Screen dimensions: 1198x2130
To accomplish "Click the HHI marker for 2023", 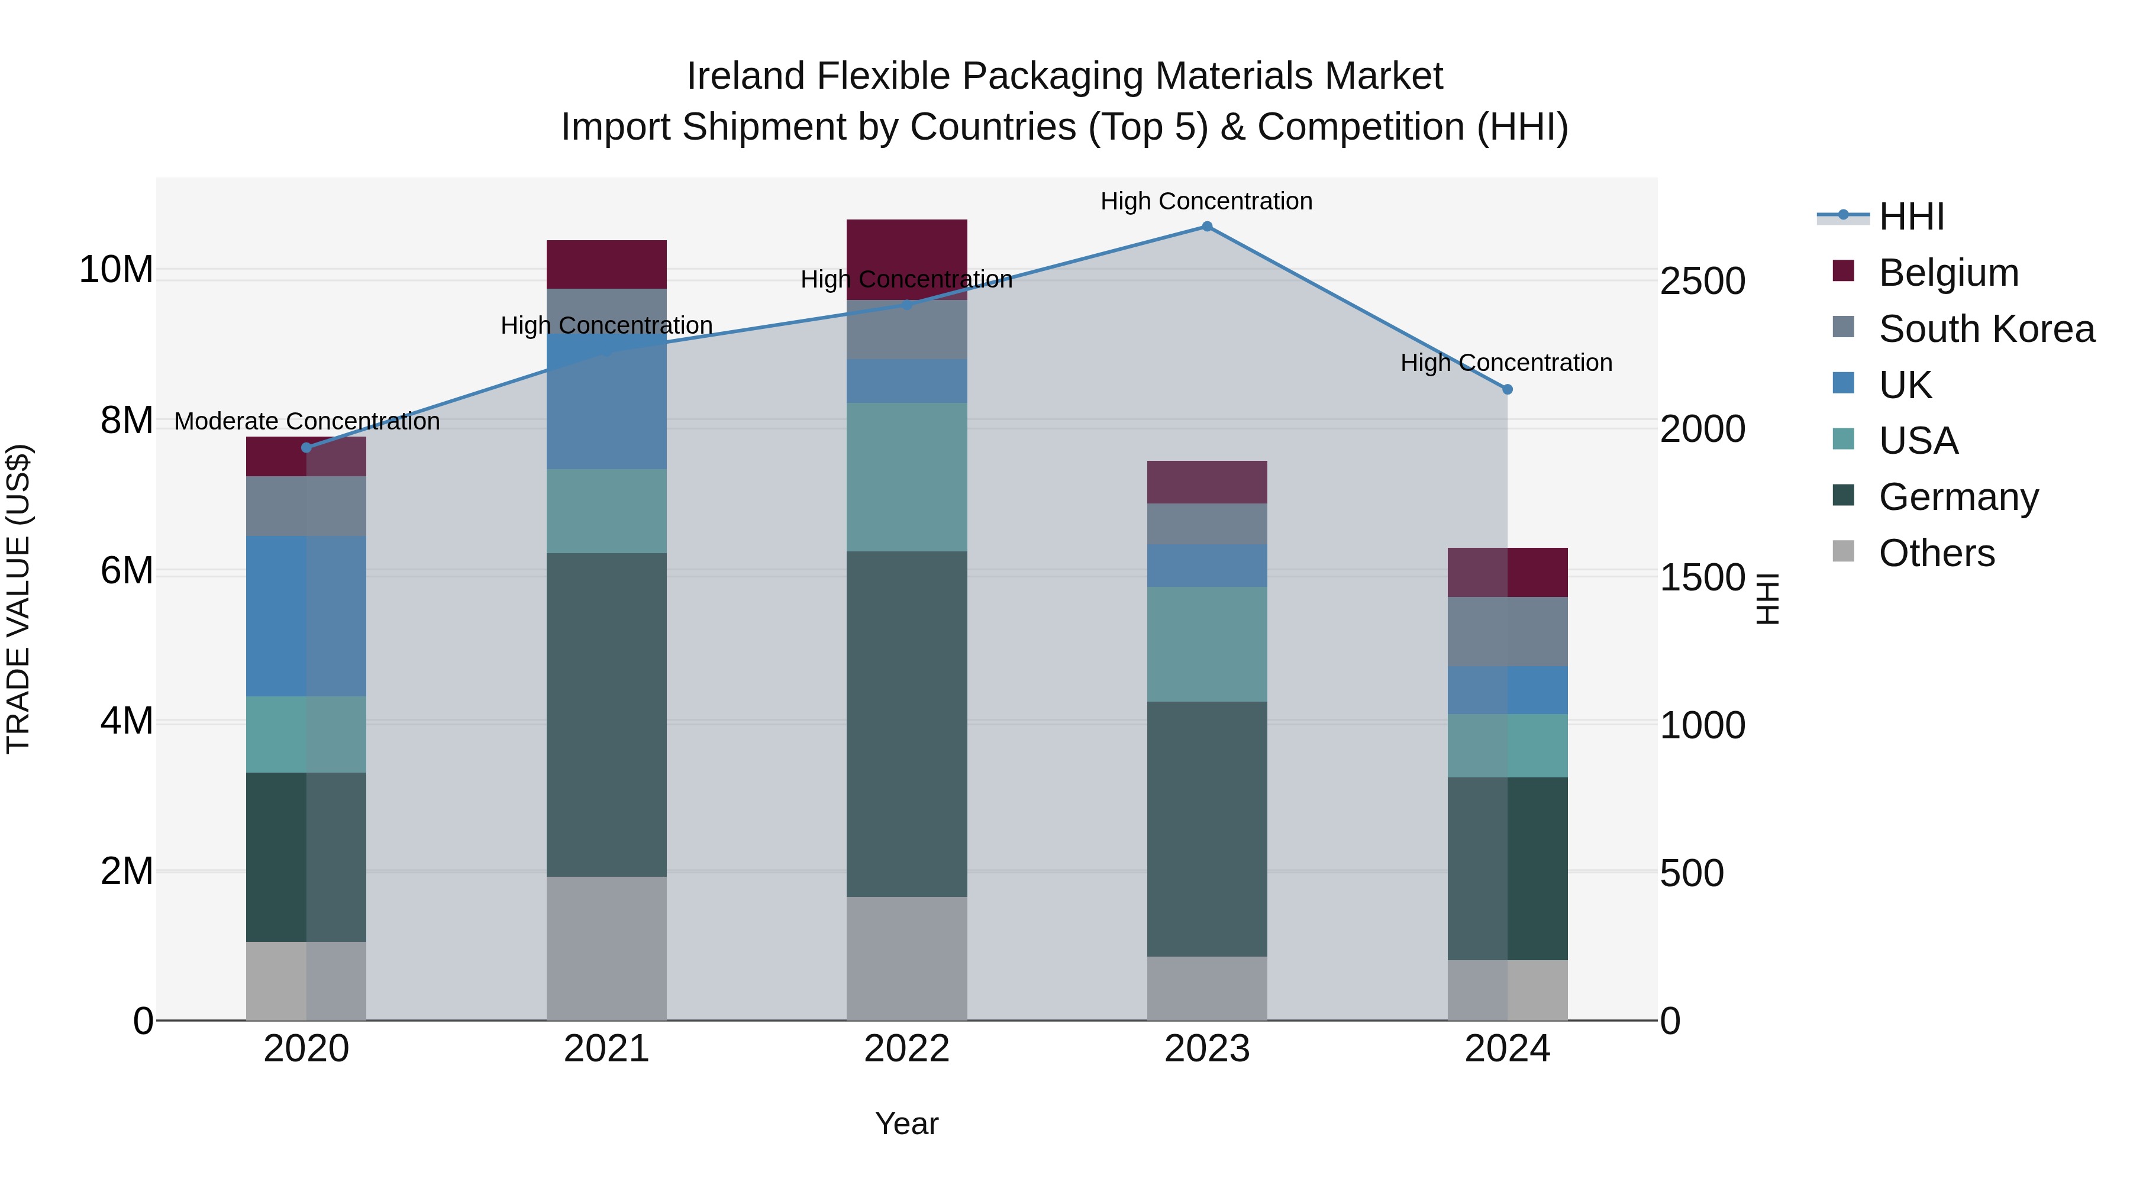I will pos(1206,227).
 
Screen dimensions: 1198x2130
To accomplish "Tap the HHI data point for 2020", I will pos(306,447).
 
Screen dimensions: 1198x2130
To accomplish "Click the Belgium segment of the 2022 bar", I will pos(906,259).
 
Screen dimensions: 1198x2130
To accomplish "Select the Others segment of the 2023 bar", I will pos(1206,988).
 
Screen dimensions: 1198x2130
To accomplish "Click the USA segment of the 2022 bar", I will pos(906,477).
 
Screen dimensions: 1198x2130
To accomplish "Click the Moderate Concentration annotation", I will pos(306,422).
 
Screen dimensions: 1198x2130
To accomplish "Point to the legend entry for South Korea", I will pos(1986,329).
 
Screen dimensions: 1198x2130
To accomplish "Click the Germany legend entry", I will pos(1958,497).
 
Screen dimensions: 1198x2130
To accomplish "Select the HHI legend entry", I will pos(1911,217).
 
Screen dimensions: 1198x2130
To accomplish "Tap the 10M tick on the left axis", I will pos(116,270).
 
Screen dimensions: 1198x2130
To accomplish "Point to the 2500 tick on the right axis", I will pos(1702,281).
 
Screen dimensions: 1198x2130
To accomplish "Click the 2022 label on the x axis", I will pos(906,1049).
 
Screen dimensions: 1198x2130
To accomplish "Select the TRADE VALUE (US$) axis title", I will pos(18,599).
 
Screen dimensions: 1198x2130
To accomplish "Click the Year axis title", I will pos(906,1123).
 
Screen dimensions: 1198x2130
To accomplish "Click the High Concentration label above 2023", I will pos(1206,201).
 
